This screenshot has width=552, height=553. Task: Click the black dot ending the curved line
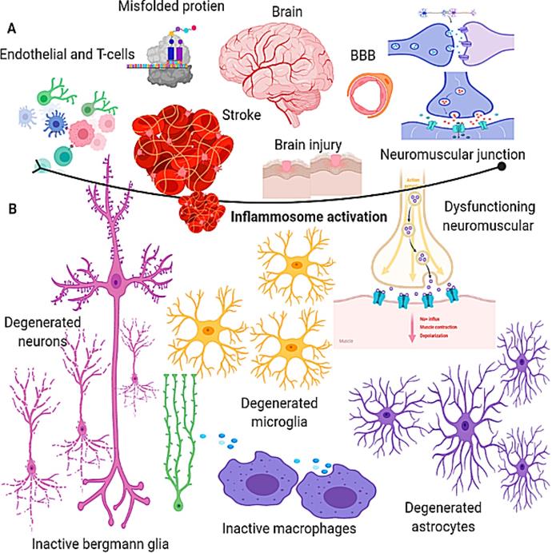point(502,166)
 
